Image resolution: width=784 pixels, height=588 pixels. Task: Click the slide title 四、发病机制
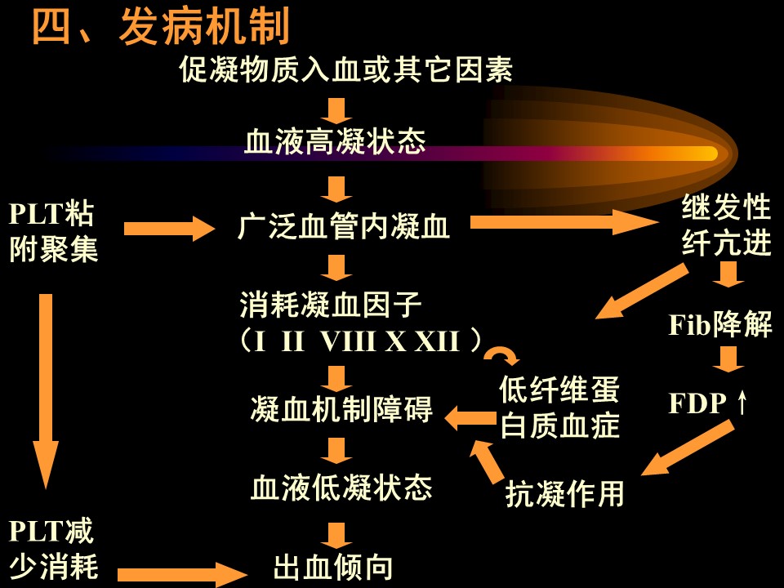[161, 29]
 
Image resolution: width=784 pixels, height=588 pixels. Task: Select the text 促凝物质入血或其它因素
[345, 71]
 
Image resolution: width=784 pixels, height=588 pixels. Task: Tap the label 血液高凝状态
[335, 144]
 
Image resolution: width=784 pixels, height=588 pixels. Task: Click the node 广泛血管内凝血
[343, 227]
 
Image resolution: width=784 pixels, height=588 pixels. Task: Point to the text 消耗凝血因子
[330, 306]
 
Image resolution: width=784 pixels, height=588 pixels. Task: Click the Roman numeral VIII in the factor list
[350, 341]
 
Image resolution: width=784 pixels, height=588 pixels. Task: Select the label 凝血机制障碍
[341, 410]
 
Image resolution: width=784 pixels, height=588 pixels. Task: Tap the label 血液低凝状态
[341, 488]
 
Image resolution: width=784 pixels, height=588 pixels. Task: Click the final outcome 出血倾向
[332, 568]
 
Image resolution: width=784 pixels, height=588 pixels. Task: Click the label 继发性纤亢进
[726, 226]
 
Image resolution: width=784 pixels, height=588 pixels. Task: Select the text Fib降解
[720, 325]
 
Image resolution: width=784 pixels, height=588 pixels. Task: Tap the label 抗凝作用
[565, 494]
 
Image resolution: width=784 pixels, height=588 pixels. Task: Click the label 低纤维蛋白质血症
[560, 408]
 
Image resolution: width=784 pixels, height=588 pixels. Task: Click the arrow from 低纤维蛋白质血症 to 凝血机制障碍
[470, 418]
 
